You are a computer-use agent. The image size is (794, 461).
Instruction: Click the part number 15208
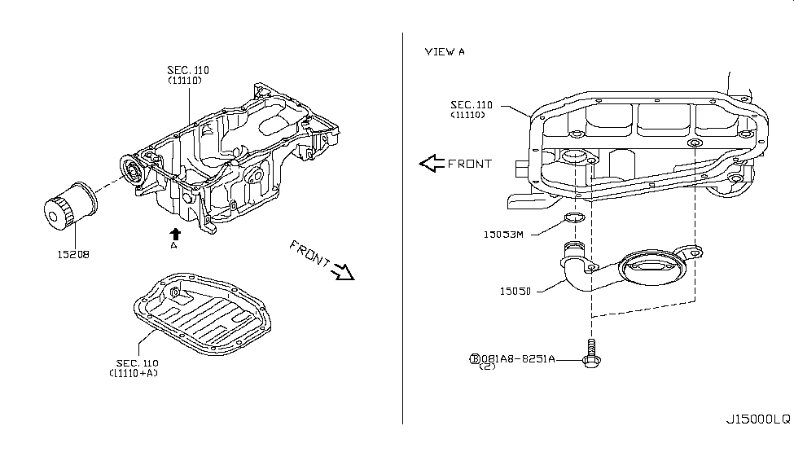tap(72, 254)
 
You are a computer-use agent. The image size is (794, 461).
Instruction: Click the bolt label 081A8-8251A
tap(517, 358)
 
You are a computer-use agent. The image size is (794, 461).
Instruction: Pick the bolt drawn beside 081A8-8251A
tap(590, 357)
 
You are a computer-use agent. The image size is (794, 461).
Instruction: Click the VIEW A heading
tap(445, 52)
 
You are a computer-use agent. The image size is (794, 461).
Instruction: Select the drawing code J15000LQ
tap(757, 419)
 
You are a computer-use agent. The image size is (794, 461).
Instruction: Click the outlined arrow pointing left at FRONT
tap(431, 164)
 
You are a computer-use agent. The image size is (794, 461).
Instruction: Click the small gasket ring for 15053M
tap(574, 217)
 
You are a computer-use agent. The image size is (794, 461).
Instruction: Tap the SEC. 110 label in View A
tap(472, 105)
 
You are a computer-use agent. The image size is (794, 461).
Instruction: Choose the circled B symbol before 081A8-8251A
tap(474, 358)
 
